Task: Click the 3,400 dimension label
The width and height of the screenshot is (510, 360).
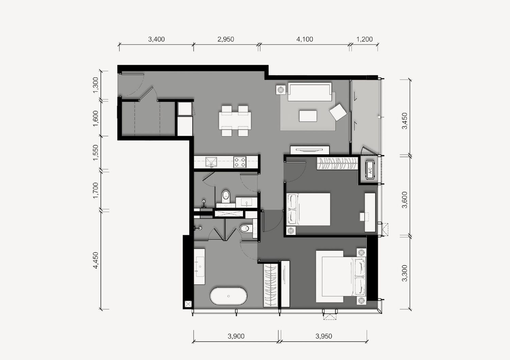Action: coord(156,39)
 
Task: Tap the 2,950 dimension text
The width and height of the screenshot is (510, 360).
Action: coord(226,39)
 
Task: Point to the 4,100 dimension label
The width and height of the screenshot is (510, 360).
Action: coord(305,39)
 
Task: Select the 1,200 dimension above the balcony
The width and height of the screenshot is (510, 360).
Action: coord(364,39)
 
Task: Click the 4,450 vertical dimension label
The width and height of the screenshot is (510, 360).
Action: coord(96,260)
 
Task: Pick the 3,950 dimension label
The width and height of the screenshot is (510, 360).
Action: coord(324,336)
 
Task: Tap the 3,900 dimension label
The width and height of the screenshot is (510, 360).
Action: coord(236,336)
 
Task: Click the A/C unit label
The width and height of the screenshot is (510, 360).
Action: coord(370,170)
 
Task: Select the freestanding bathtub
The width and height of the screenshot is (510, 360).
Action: coord(228,296)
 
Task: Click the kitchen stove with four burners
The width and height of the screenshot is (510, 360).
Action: coord(240,162)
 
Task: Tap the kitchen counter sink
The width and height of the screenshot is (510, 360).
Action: coord(211,162)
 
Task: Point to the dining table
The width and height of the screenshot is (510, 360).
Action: coord(235,121)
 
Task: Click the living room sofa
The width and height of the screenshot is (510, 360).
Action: coord(310,92)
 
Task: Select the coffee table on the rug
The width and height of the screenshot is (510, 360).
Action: coord(308,116)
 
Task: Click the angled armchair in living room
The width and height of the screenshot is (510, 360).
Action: coord(338,112)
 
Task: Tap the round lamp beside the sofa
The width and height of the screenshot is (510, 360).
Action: coord(281,90)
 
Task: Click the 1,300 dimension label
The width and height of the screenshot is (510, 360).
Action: coord(96,85)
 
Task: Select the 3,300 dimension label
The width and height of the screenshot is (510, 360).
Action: coord(405,273)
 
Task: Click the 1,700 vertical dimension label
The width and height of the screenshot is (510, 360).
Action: coord(96,191)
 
